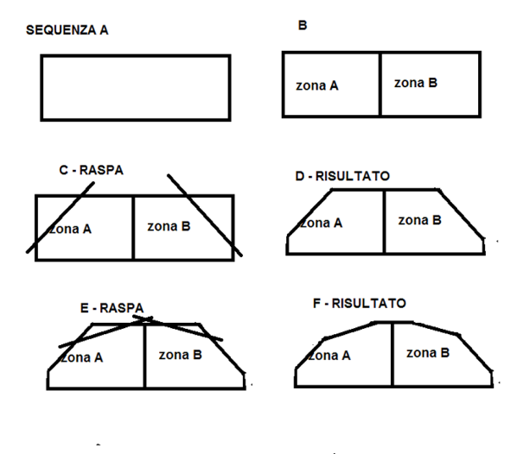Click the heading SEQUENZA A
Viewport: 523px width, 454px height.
[67, 30]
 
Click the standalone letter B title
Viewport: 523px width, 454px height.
[303, 25]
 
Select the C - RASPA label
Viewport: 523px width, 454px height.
[91, 170]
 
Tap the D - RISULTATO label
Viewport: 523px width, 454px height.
[342, 176]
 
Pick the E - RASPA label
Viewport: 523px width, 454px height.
[112, 308]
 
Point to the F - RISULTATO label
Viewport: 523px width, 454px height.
[360, 303]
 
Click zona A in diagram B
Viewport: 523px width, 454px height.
[317, 85]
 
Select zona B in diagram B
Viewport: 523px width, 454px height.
[416, 83]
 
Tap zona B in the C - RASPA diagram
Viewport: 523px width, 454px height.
[169, 226]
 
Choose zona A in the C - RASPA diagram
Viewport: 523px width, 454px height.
[70, 229]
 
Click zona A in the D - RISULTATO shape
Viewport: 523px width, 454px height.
[321, 223]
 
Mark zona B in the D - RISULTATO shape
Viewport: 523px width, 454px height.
[419, 220]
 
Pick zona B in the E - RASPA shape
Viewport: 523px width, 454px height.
[180, 355]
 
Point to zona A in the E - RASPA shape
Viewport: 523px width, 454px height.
[82, 357]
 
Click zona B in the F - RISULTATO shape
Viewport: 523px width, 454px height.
[428, 353]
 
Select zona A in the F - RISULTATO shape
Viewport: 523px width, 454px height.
[329, 356]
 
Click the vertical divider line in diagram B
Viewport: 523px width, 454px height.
[380, 85]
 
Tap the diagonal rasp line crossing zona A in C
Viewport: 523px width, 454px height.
[61, 218]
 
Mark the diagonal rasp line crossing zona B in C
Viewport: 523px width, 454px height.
[205, 215]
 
